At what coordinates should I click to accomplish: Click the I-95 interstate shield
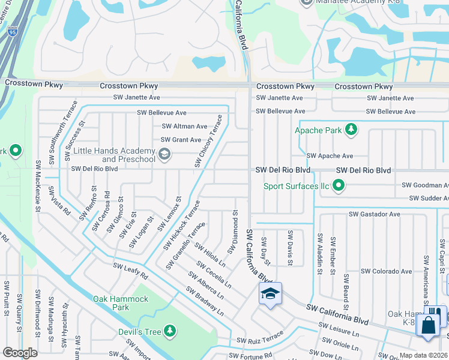click(x=13, y=30)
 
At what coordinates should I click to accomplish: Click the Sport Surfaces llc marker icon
click(x=339, y=186)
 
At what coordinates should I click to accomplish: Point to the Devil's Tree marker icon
click(x=170, y=331)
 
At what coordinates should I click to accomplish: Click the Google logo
click(x=20, y=353)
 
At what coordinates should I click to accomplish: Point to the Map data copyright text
click(x=423, y=355)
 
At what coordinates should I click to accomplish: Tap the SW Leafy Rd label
click(x=130, y=271)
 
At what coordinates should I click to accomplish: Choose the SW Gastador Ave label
click(x=374, y=214)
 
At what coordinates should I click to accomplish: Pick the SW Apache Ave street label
click(x=329, y=155)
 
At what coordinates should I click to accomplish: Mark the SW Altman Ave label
click(x=184, y=127)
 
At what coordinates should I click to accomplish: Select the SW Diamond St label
click(x=234, y=232)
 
